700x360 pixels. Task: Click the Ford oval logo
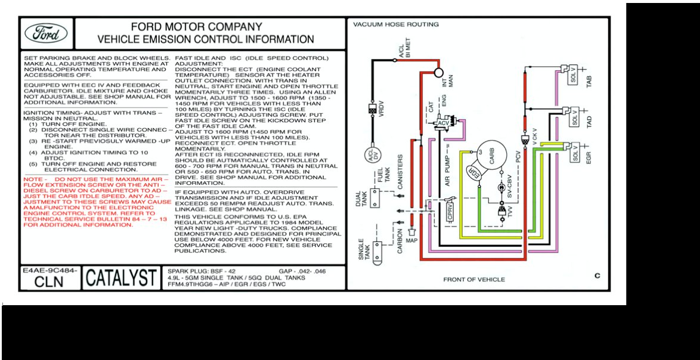click(x=47, y=33)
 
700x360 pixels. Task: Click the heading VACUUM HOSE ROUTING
click(x=396, y=24)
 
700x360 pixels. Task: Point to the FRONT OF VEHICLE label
click(x=473, y=280)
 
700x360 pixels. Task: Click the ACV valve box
click(x=444, y=123)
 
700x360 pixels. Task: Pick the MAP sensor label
click(x=411, y=241)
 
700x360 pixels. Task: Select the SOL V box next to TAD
click(x=574, y=118)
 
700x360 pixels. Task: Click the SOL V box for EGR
click(x=575, y=154)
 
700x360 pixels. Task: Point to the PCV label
click(x=518, y=158)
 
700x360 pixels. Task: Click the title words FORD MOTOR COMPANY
click(x=196, y=27)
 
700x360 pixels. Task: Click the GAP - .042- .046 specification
click(x=302, y=271)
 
